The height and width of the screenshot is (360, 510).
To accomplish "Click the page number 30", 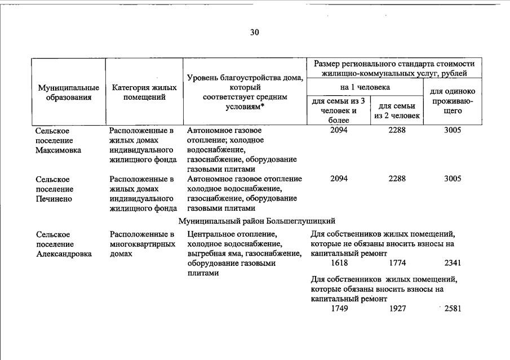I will (254, 32).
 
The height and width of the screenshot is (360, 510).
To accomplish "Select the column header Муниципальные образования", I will (68, 92).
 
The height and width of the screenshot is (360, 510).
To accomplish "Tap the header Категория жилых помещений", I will (144, 92).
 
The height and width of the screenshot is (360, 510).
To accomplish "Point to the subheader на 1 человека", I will (365, 87).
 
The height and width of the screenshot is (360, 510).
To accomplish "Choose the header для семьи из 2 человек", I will (397, 111).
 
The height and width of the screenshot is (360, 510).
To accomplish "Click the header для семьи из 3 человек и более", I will (339, 110).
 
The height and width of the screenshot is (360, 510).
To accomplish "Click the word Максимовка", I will (58, 150).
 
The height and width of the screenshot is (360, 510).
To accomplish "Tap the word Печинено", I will (54, 199).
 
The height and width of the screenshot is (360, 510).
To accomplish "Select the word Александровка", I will (64, 254).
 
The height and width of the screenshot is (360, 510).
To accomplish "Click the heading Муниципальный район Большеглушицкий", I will (257, 221).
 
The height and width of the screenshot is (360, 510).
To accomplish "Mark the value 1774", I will (397, 263).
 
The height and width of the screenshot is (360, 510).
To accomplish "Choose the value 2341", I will (453, 263).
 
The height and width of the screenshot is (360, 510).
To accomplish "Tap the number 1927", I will (397, 309).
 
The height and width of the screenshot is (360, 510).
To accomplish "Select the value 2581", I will (453, 309).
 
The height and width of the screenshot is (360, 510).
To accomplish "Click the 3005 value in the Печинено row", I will (453, 179).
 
